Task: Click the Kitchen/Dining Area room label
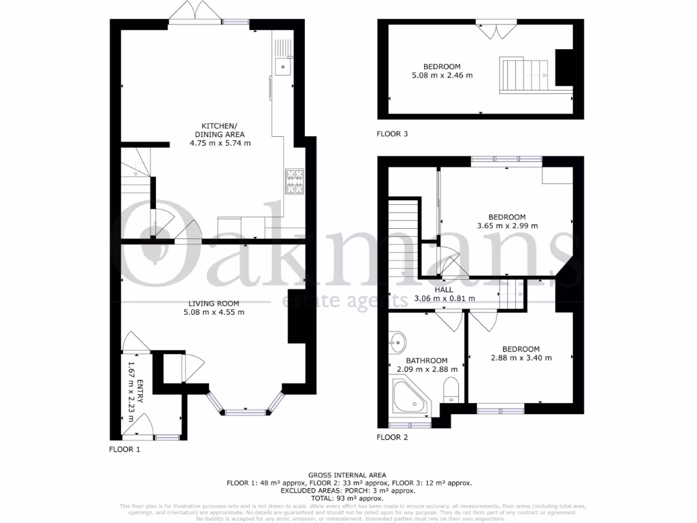tap(219, 130)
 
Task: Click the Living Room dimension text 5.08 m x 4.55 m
tap(213, 312)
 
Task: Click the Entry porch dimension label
tap(135, 392)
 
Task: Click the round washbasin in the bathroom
tap(398, 340)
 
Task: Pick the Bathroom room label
tap(427, 361)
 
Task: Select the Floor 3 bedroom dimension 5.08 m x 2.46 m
tap(442, 76)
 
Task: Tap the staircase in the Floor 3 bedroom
tap(524, 74)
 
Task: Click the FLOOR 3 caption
tap(392, 134)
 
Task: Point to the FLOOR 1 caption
tap(125, 449)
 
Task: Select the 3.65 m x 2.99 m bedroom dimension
tap(507, 225)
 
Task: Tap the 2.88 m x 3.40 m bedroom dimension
tap(521, 358)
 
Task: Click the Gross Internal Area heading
tap(347, 475)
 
